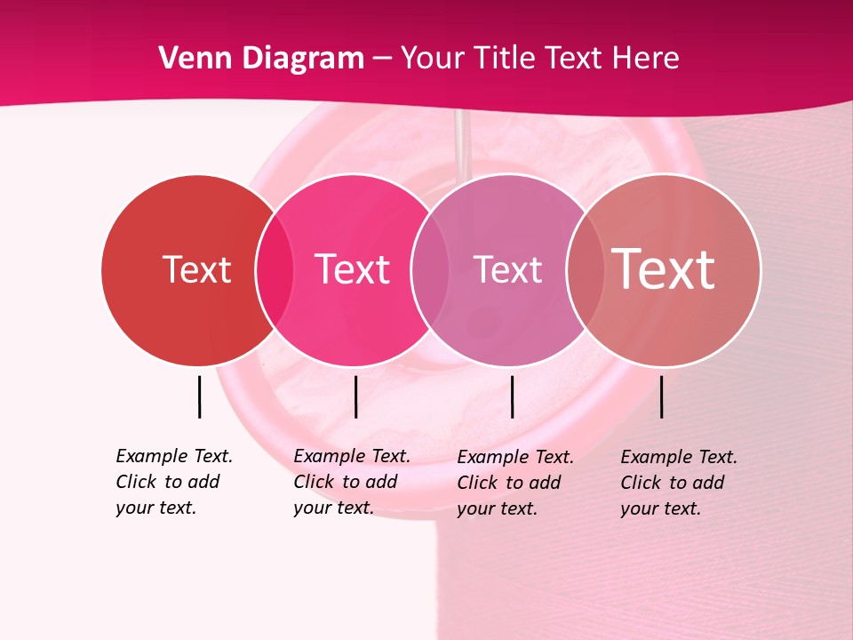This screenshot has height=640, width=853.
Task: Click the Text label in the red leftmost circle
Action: [196, 269]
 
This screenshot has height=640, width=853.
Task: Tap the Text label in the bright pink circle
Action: [352, 269]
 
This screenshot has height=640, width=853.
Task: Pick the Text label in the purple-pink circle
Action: [507, 269]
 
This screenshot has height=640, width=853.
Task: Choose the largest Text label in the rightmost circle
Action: [663, 269]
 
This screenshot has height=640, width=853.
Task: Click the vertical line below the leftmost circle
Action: [199, 396]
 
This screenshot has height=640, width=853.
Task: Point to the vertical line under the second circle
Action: [355, 396]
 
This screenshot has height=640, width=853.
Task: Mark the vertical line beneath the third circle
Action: [512, 396]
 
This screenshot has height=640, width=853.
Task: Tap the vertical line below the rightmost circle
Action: [661, 396]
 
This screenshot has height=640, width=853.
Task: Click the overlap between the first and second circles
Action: [275, 270]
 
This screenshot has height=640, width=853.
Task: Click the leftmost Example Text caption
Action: [173, 482]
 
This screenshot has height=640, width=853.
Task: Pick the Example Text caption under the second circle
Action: [351, 482]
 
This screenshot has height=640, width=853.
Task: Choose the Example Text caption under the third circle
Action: [514, 483]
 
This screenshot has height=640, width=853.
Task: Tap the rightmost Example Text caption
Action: [678, 483]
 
